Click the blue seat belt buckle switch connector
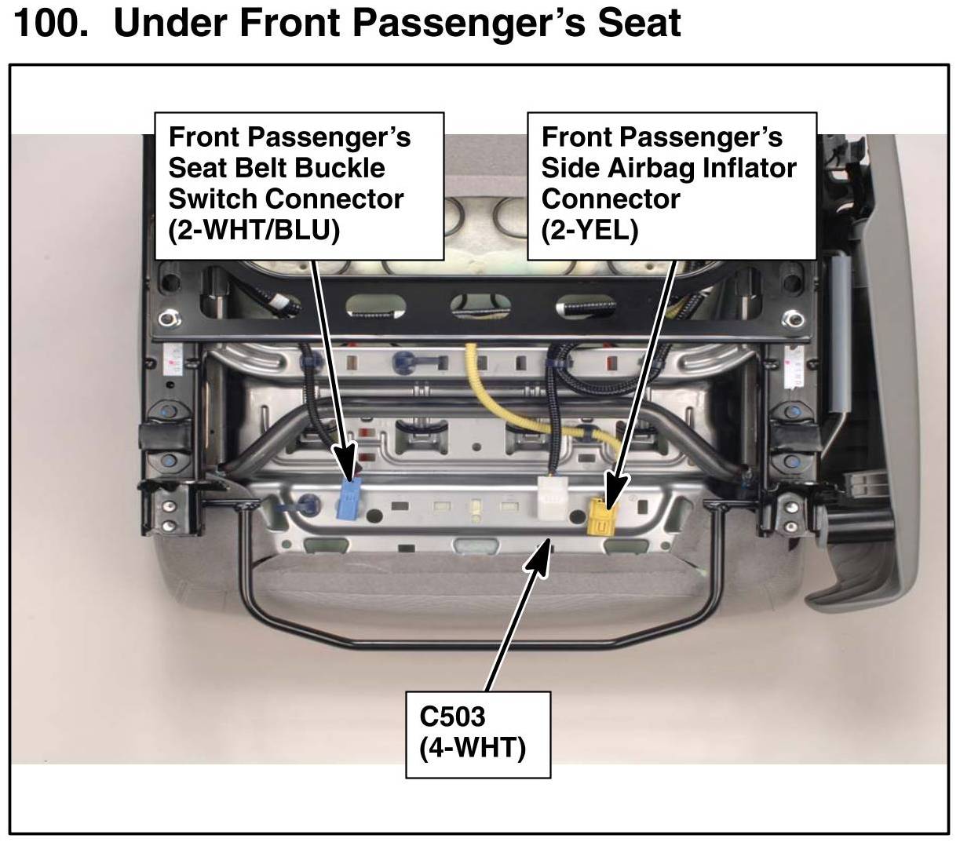[348, 500]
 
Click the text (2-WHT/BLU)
[254, 230]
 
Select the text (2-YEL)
[590, 230]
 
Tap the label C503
[453, 716]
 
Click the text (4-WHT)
[473, 746]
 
